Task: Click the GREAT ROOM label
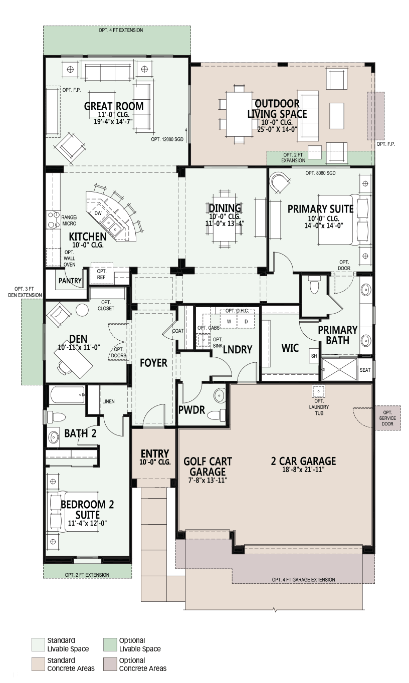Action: pos(113,106)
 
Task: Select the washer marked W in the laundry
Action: pos(229,321)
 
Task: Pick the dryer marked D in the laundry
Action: pos(246,321)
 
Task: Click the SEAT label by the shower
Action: pos(365,370)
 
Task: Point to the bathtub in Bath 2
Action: pos(67,395)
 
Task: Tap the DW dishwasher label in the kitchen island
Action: pos(98,213)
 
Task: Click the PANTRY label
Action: pos(70,281)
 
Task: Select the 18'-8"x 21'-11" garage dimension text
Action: pos(303,470)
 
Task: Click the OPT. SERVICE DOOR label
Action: pos(387,418)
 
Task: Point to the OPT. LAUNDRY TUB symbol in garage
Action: pos(318,390)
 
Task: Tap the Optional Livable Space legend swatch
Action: pos(110,644)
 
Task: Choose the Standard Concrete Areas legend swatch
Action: pos(39,664)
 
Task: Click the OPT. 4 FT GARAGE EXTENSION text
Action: pos(303,579)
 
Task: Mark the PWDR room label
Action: pos(191,410)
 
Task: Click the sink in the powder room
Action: pos(219,395)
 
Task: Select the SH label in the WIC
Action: pos(314,356)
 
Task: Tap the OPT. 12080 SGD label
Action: pos(167,139)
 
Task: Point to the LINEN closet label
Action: pos(108,401)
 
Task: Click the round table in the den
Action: pos(82,310)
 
